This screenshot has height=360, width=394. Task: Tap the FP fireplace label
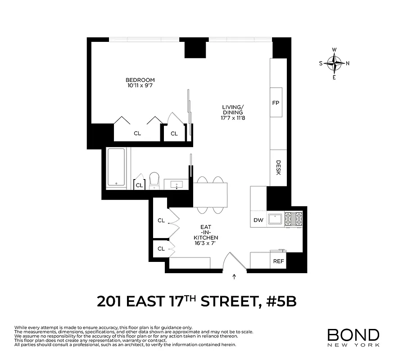(276, 103)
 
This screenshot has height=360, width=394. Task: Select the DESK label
(278, 167)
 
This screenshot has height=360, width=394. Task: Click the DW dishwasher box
(258, 220)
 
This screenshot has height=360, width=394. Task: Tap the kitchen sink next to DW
(275, 219)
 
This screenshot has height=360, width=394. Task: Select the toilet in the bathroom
(154, 180)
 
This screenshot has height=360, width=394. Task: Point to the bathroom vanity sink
(177, 184)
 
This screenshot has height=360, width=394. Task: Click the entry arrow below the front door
(234, 277)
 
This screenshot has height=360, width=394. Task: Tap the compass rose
(335, 63)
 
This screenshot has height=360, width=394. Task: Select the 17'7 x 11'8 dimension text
(232, 118)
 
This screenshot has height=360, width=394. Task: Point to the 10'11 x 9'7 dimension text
(137, 85)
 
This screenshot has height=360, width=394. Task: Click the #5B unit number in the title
(281, 301)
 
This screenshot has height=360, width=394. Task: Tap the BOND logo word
(353, 335)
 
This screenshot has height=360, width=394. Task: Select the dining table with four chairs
(211, 195)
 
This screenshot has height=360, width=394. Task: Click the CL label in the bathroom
(139, 185)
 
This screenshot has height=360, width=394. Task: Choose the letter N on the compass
(348, 63)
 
